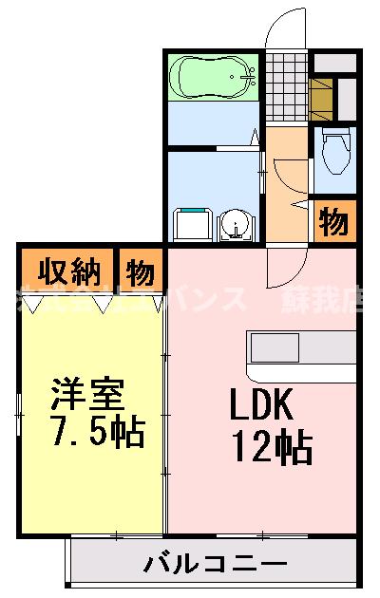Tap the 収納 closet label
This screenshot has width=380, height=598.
69,272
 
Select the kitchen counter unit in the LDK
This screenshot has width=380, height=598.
301,350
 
